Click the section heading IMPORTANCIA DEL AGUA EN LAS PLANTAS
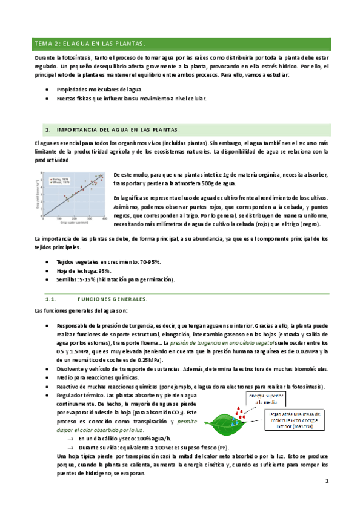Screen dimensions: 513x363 point(118,129)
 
